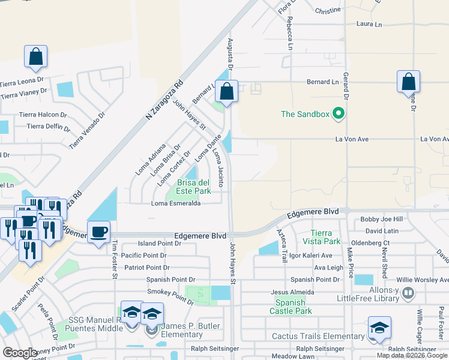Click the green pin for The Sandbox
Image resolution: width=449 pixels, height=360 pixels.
tap(339, 113)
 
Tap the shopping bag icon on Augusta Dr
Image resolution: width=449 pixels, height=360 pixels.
tap(226, 92)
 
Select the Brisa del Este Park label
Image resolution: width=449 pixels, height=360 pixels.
tap(193, 187)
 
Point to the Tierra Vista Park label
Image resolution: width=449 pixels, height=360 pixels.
tap(326, 237)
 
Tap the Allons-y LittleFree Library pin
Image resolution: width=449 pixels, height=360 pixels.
tap(408, 293)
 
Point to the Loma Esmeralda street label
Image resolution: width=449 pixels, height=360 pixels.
tap(176, 203)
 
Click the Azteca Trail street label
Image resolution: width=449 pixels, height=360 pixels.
tap(281, 244)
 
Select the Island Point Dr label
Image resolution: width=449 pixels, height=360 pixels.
tap(159, 244)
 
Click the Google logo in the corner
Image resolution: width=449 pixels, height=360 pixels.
tap(20, 353)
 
